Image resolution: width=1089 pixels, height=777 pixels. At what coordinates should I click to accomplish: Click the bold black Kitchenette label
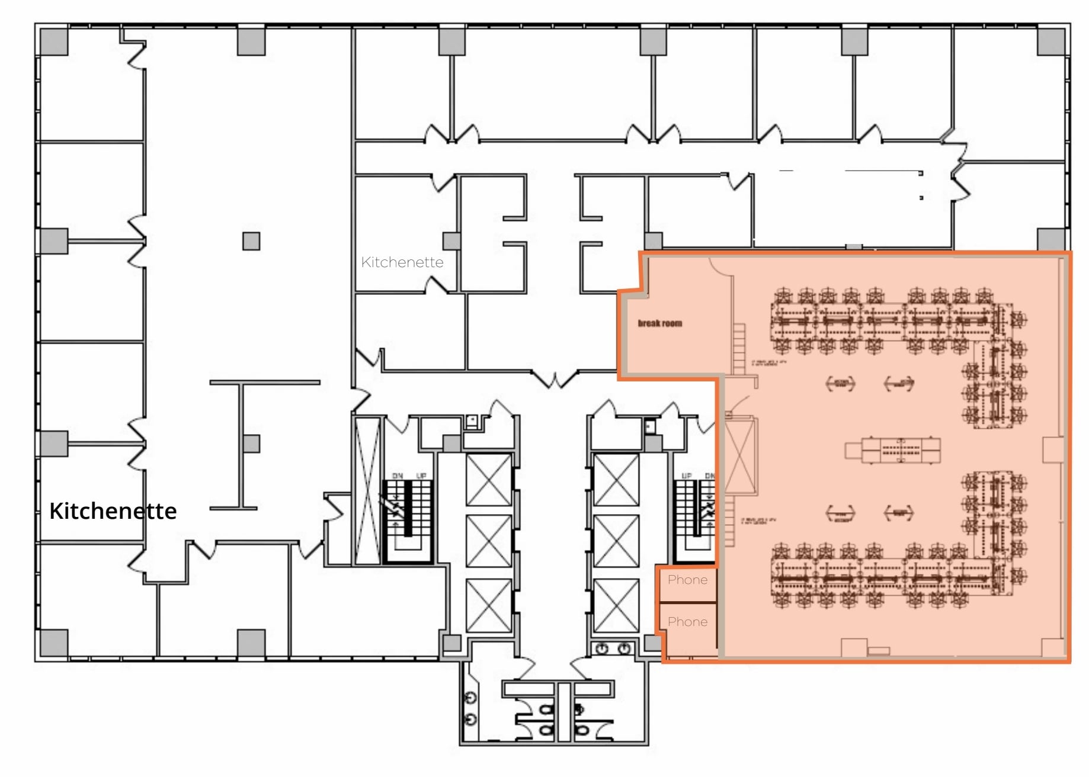click(x=113, y=510)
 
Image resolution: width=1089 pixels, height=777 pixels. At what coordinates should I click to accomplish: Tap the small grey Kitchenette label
click(x=402, y=262)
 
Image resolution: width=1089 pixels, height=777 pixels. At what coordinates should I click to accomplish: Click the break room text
click(x=659, y=323)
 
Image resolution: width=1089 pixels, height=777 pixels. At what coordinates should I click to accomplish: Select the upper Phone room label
click(x=687, y=580)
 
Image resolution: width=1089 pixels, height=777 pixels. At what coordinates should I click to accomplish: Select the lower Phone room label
click(x=687, y=622)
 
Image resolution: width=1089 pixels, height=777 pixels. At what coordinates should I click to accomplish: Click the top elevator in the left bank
click(x=488, y=480)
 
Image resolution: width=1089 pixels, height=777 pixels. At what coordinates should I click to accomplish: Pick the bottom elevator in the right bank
click(x=616, y=605)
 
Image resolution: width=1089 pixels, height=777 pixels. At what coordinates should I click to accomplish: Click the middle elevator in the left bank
click(x=488, y=541)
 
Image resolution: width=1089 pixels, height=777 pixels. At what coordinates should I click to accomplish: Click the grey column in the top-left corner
click(x=54, y=42)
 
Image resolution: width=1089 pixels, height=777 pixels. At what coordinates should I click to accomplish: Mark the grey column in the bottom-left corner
click(x=54, y=643)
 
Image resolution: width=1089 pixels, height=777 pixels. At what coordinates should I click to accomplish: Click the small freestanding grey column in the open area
click(x=251, y=241)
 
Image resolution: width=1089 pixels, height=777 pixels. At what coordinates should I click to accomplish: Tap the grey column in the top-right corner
click(x=1050, y=42)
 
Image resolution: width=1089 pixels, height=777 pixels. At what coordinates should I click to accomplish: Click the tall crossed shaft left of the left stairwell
click(x=367, y=490)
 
